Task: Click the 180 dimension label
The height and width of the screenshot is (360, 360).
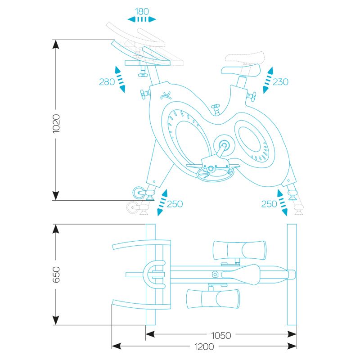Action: [x=142, y=12]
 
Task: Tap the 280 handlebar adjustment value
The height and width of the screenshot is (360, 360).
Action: [x=107, y=82]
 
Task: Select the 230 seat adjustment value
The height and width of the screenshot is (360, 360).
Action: [x=280, y=82]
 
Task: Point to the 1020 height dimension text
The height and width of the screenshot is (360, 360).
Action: [x=56, y=123]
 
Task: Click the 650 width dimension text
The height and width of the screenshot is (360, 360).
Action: [x=56, y=274]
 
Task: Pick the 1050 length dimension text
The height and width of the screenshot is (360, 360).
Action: [x=221, y=335]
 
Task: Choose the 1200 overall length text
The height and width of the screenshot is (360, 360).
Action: [x=204, y=346]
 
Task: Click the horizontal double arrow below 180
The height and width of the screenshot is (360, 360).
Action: [x=142, y=19]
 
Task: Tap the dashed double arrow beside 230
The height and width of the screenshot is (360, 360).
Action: [x=268, y=80]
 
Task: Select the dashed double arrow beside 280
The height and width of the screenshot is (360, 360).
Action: [x=120, y=80]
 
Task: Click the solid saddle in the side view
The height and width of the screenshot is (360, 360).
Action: [x=241, y=70]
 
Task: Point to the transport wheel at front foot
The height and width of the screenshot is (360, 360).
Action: [x=138, y=193]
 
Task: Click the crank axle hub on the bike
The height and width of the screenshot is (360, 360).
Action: [x=224, y=145]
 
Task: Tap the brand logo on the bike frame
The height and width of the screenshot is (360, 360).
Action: [x=166, y=95]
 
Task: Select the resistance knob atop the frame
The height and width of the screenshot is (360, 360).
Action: [x=216, y=109]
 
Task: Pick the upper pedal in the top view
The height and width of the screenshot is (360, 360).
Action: [x=240, y=250]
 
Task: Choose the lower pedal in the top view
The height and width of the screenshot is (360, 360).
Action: [x=213, y=299]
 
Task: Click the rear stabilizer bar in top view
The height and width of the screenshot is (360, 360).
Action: [x=292, y=274]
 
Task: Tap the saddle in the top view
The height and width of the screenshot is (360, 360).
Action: [x=241, y=274]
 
